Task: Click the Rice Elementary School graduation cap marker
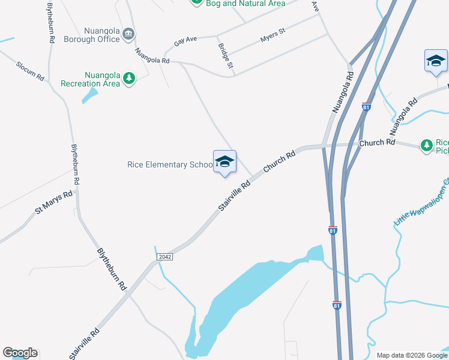click(x=224, y=162)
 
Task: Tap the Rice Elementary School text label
click(x=170, y=165)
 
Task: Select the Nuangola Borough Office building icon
click(x=128, y=34)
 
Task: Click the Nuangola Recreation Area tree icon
click(x=128, y=78)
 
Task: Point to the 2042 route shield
click(x=165, y=257)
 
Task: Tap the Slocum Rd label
click(x=31, y=70)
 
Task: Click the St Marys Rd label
click(x=53, y=202)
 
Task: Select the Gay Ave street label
click(x=185, y=41)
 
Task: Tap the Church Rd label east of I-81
click(x=377, y=143)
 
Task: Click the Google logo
click(x=20, y=353)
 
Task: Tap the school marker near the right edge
click(x=436, y=61)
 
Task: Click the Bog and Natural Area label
click(x=246, y=4)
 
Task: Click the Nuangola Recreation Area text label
click(x=94, y=79)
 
